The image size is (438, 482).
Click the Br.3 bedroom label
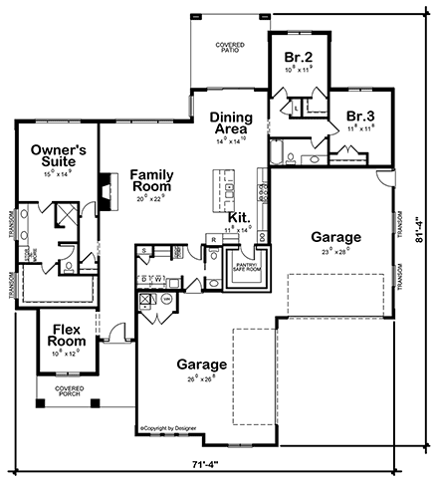point(359,117)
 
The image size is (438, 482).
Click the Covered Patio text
point(231,49)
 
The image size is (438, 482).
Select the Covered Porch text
point(70,391)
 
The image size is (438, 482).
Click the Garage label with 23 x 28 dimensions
point(335,238)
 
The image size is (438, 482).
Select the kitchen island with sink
point(228,189)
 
